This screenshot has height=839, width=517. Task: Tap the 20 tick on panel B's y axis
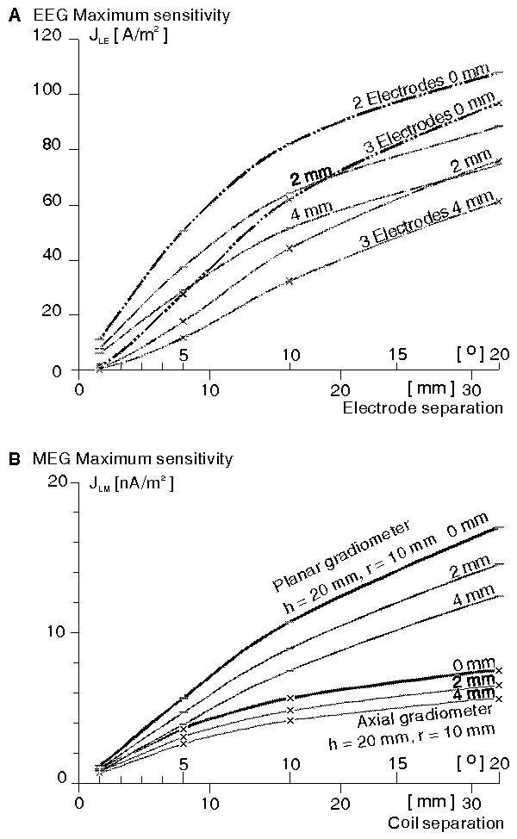click(57, 482)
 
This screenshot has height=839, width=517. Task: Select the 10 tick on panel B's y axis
click(57, 631)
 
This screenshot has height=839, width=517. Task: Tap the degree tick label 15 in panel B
click(397, 765)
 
